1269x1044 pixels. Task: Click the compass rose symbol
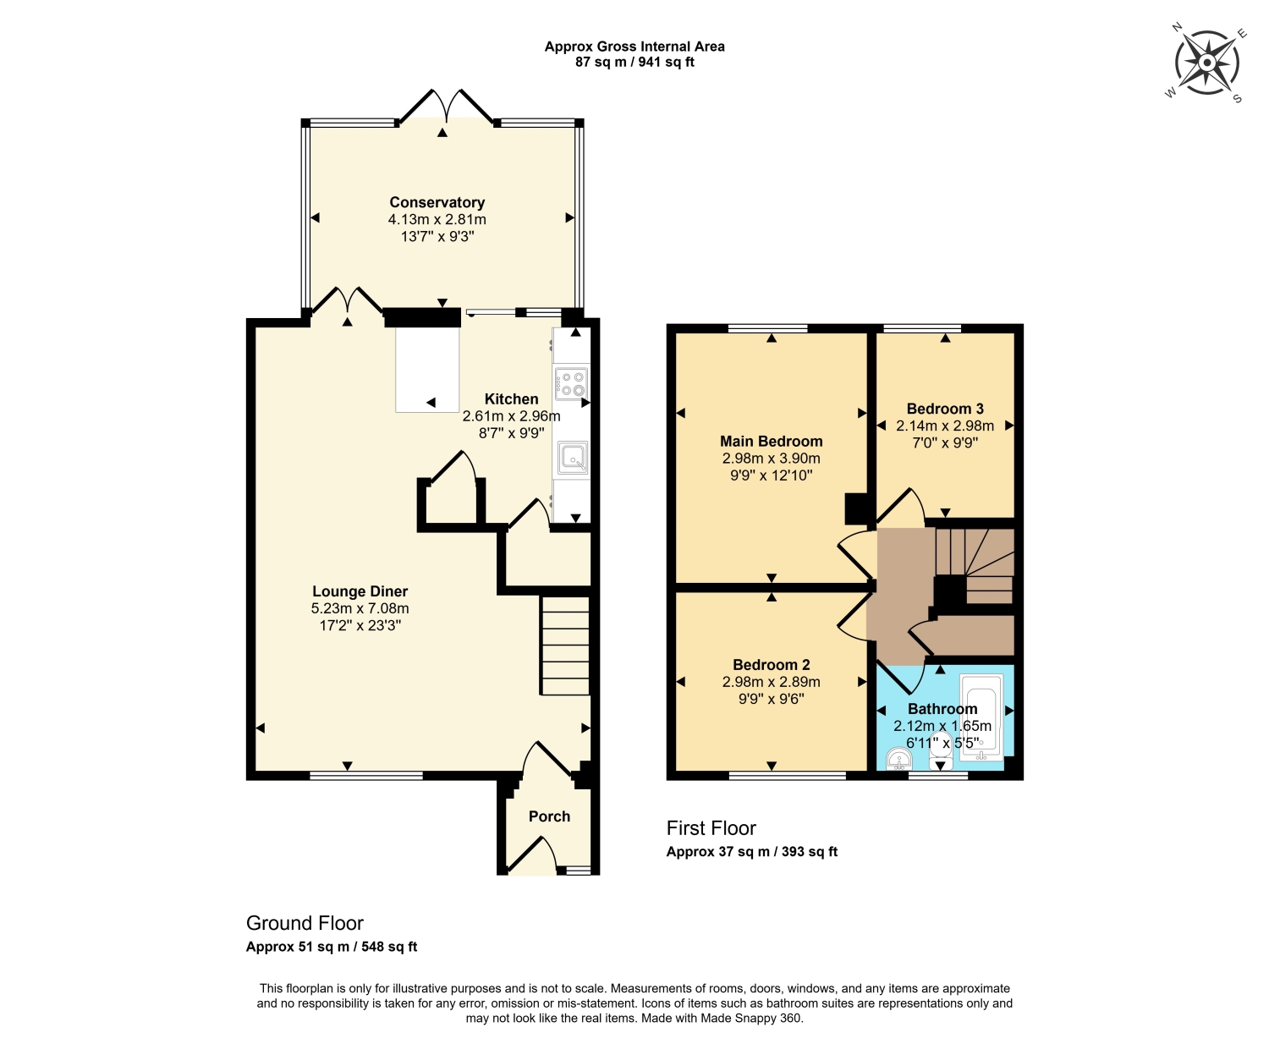click(x=1206, y=63)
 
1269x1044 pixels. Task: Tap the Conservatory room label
click(x=437, y=202)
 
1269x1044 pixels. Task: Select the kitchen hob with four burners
click(x=572, y=383)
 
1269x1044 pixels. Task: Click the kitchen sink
click(x=572, y=458)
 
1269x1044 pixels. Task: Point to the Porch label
click(x=549, y=816)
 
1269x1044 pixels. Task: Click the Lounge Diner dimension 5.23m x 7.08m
click(x=360, y=608)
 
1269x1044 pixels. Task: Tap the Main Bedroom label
click(x=772, y=441)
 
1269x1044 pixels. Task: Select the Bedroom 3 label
click(x=945, y=409)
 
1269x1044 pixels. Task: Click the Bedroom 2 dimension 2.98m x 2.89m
click(x=772, y=682)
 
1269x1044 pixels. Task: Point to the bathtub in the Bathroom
click(x=981, y=717)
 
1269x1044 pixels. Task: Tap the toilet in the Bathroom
click(x=941, y=752)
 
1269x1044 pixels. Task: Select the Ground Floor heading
click(x=305, y=922)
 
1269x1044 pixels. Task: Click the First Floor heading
click(x=711, y=828)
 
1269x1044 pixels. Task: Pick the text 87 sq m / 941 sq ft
click(x=634, y=62)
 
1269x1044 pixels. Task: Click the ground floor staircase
click(x=564, y=646)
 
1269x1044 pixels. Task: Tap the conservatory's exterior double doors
click(x=446, y=107)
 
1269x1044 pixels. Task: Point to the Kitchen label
click(x=512, y=399)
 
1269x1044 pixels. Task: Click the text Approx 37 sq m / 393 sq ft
click(x=751, y=851)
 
